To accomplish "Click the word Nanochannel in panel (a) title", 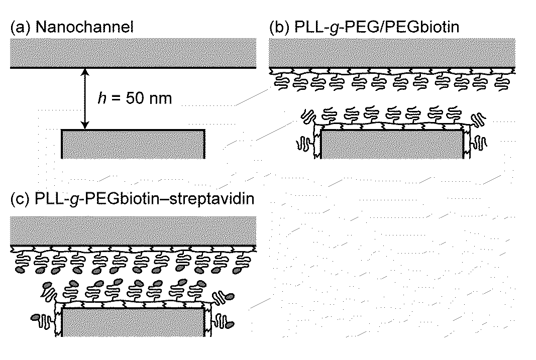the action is [84, 27].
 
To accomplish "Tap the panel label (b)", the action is [280, 27].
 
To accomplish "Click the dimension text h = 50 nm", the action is [135, 98].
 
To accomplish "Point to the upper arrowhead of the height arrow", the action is [85, 71].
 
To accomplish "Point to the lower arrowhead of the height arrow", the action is [85, 127].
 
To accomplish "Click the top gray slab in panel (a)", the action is [133, 53].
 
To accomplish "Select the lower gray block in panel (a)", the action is [133, 144].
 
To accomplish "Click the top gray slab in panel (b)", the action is [392, 53].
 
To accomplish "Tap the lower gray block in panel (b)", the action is [392, 145].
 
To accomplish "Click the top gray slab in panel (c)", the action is [133, 231].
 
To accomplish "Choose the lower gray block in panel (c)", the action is [133, 322].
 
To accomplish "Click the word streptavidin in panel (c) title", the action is [212, 199].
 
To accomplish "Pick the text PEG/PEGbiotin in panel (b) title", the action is [403, 27].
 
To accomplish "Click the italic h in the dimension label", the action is [101, 98].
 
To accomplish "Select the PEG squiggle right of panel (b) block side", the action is [479, 143].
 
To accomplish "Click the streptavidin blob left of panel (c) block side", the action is [36, 318].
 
